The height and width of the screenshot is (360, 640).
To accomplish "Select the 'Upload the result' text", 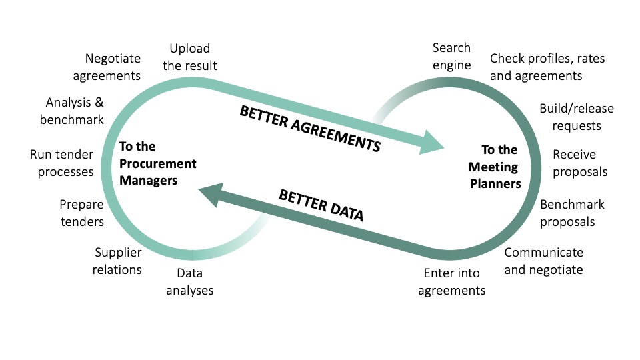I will pos(190,57).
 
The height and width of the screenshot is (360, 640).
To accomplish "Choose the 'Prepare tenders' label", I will pos(81,213).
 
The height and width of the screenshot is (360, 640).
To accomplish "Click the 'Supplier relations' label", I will pos(118,261).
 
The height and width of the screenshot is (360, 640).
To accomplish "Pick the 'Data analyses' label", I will pos(190,281).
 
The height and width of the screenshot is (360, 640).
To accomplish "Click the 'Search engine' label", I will pos(451,56).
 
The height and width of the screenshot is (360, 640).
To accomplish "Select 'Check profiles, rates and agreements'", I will pos(547,67).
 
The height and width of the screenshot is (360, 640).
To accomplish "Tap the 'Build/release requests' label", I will pos(576,117).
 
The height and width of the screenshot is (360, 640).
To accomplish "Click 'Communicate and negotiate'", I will pos(543,261).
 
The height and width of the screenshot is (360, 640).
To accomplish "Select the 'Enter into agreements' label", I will pos(451,281).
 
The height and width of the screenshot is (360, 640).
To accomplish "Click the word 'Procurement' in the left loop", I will pos(157,163).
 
